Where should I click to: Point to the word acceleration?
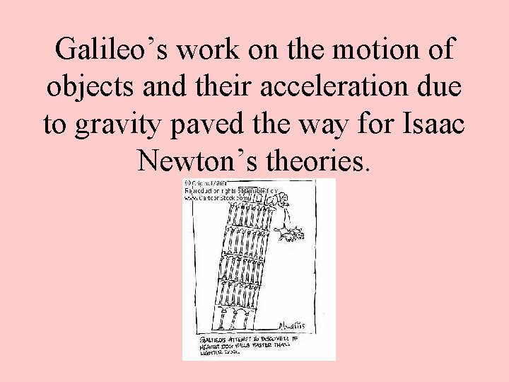click(x=331, y=87)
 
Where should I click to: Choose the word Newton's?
click(x=197, y=161)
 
